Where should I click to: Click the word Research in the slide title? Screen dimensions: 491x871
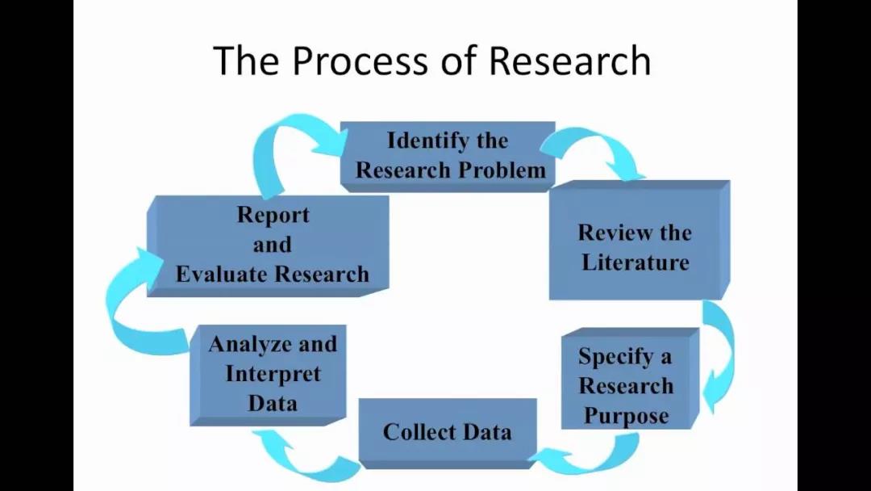[x=570, y=61]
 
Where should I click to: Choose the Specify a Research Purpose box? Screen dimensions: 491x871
[x=625, y=385]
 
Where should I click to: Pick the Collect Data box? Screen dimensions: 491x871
[x=447, y=431]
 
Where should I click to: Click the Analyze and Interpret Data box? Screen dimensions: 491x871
[x=272, y=373]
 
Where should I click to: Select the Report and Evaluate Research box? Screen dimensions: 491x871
[x=272, y=244]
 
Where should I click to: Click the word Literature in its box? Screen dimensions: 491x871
[x=636, y=262]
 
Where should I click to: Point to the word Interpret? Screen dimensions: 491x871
[x=273, y=374]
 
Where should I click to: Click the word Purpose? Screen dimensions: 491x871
[x=627, y=416]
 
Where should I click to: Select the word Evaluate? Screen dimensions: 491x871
[x=220, y=274]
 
